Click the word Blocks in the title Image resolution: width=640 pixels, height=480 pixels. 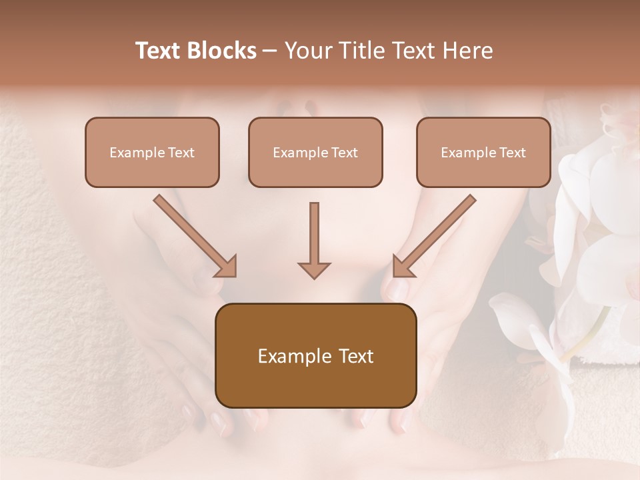pyautogui.click(x=220, y=51)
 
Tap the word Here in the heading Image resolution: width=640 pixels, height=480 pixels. pyautogui.click(x=469, y=51)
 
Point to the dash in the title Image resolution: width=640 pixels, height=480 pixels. pyautogui.click(x=271, y=51)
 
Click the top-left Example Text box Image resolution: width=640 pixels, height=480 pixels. pyautogui.click(x=152, y=152)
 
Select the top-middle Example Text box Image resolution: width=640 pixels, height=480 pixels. pyautogui.click(x=315, y=152)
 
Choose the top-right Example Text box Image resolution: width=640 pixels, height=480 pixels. pyautogui.click(x=483, y=152)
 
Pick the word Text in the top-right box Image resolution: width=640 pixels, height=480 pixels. pyautogui.click(x=513, y=153)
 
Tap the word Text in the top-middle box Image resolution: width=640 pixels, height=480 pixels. pyautogui.click(x=345, y=153)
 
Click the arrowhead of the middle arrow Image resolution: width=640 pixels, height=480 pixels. pyautogui.click(x=314, y=269)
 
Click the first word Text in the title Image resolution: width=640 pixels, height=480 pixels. pyautogui.click(x=159, y=51)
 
